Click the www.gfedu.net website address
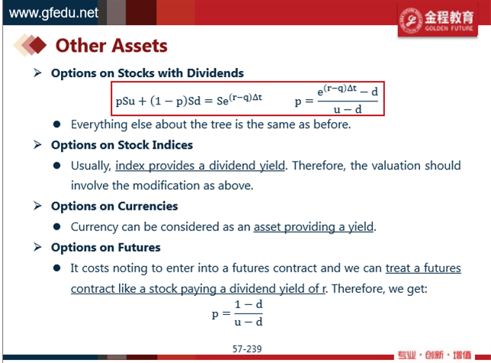click(x=53, y=13)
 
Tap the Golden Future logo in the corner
click(x=438, y=20)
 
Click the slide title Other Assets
click(x=111, y=46)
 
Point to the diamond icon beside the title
click(x=30, y=45)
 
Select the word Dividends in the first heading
click(x=215, y=73)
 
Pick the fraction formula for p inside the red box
click(x=336, y=99)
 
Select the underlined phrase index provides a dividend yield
click(x=201, y=165)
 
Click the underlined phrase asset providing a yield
click(x=314, y=226)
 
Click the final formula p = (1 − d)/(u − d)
click(x=237, y=313)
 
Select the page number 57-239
click(x=247, y=349)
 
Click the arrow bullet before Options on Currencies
click(x=37, y=206)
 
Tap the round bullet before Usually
click(x=56, y=165)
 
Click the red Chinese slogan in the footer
click(x=435, y=355)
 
